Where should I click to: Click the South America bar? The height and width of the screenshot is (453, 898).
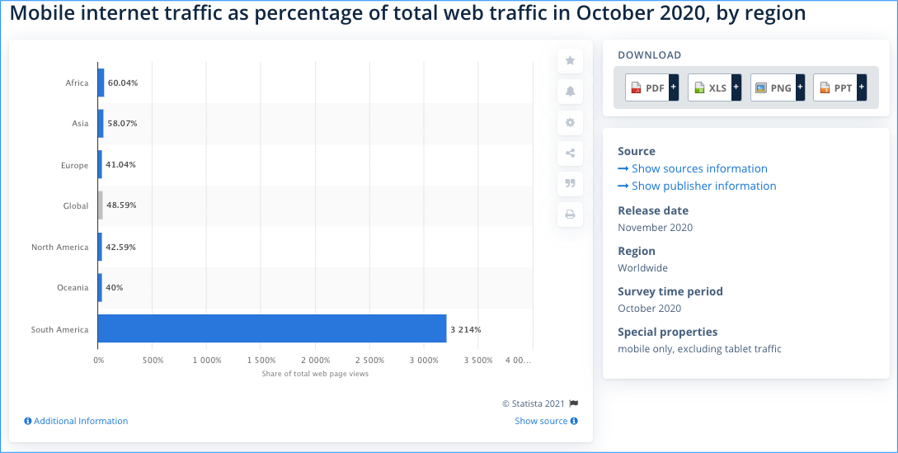272,328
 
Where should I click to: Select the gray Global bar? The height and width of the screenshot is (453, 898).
101,205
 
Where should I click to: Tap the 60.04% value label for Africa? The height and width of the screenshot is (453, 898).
123,83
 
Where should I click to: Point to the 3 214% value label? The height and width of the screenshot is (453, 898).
466,329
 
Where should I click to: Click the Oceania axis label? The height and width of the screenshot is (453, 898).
73,288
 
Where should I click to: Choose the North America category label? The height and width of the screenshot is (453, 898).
59,247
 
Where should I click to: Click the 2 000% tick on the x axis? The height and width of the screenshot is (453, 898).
315,361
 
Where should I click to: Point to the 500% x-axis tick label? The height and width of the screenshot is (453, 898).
153,361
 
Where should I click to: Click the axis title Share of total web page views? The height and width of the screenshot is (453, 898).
315,374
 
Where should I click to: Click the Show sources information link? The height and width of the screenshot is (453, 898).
693,168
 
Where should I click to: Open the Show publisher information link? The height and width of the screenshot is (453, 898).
697,186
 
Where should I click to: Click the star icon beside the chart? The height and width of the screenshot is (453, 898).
570,60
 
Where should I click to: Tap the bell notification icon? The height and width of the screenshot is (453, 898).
570,92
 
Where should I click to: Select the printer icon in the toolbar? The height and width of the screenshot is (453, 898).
570,215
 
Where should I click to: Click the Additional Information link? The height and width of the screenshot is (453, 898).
76,421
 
